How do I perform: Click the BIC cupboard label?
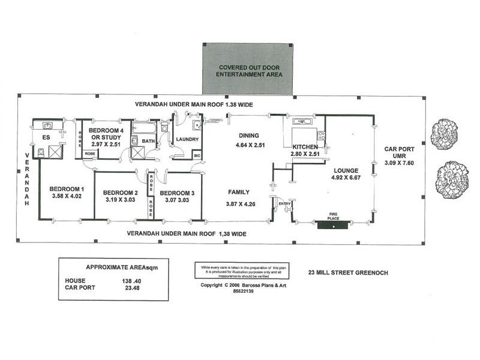(196, 155)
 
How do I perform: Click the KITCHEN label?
(305, 146)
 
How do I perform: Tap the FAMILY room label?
(238, 192)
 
